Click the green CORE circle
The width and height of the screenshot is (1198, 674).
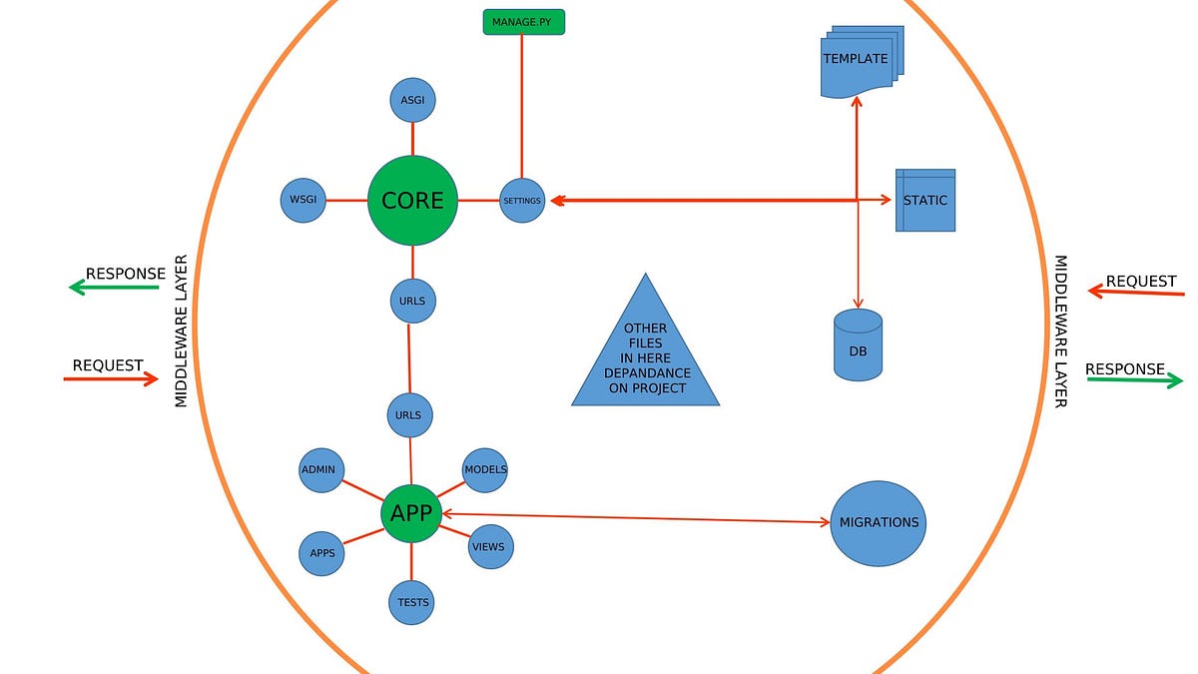(412, 201)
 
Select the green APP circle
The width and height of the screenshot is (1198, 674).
(410, 513)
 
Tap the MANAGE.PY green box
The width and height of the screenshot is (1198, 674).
(521, 21)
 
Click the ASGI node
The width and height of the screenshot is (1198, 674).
(412, 101)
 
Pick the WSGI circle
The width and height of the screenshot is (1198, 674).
(303, 200)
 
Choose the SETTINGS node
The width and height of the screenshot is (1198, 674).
(522, 201)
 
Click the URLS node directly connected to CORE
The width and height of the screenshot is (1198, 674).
(412, 300)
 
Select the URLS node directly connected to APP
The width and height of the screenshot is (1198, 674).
(408, 414)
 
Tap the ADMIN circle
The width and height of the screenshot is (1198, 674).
(322, 469)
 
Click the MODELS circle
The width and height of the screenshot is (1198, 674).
(485, 469)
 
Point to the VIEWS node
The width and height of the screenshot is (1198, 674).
(489, 546)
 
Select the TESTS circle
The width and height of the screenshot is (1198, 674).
(412, 602)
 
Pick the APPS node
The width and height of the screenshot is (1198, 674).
(321, 553)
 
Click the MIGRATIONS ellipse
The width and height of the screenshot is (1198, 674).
(879, 523)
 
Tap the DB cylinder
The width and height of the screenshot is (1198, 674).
(858, 345)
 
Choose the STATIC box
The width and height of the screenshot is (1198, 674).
(925, 200)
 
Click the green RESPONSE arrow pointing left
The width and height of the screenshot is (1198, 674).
(113, 288)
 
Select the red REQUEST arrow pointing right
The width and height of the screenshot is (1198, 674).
(111, 378)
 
